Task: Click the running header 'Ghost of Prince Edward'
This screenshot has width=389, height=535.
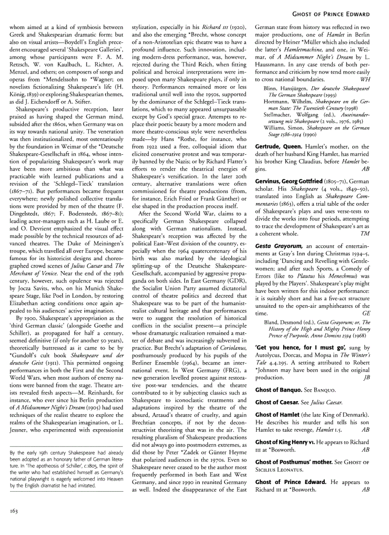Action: pos(341,14)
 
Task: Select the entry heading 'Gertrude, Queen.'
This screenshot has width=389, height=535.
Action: pos(277,146)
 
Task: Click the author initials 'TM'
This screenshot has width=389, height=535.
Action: pos(365,233)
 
